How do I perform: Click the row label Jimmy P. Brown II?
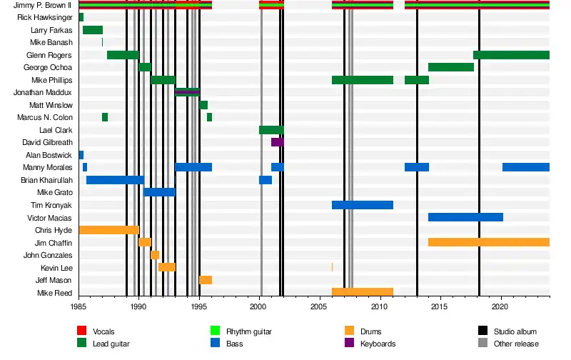pos(43,6)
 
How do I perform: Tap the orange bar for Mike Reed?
pos(363,292)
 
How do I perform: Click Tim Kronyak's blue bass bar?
pos(363,205)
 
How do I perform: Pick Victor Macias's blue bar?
pos(465,217)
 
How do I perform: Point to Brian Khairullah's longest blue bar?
pos(115,180)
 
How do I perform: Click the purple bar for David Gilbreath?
pos(277,142)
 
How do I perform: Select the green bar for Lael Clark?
pos(271,130)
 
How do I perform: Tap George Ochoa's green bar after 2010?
pos(450,67)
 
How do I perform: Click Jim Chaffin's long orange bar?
pos(488,242)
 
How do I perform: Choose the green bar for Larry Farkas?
pos(93,30)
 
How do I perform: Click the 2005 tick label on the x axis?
pos(319,306)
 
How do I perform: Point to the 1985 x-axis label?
pos(79,306)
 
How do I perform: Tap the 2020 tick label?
pos(500,306)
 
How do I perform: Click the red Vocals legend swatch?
pos(81,331)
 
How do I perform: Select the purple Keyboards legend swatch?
pos(350,344)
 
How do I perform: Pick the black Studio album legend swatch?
pos(483,331)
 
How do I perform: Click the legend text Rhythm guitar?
pos(249,331)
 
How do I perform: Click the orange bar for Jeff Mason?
pos(206,280)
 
